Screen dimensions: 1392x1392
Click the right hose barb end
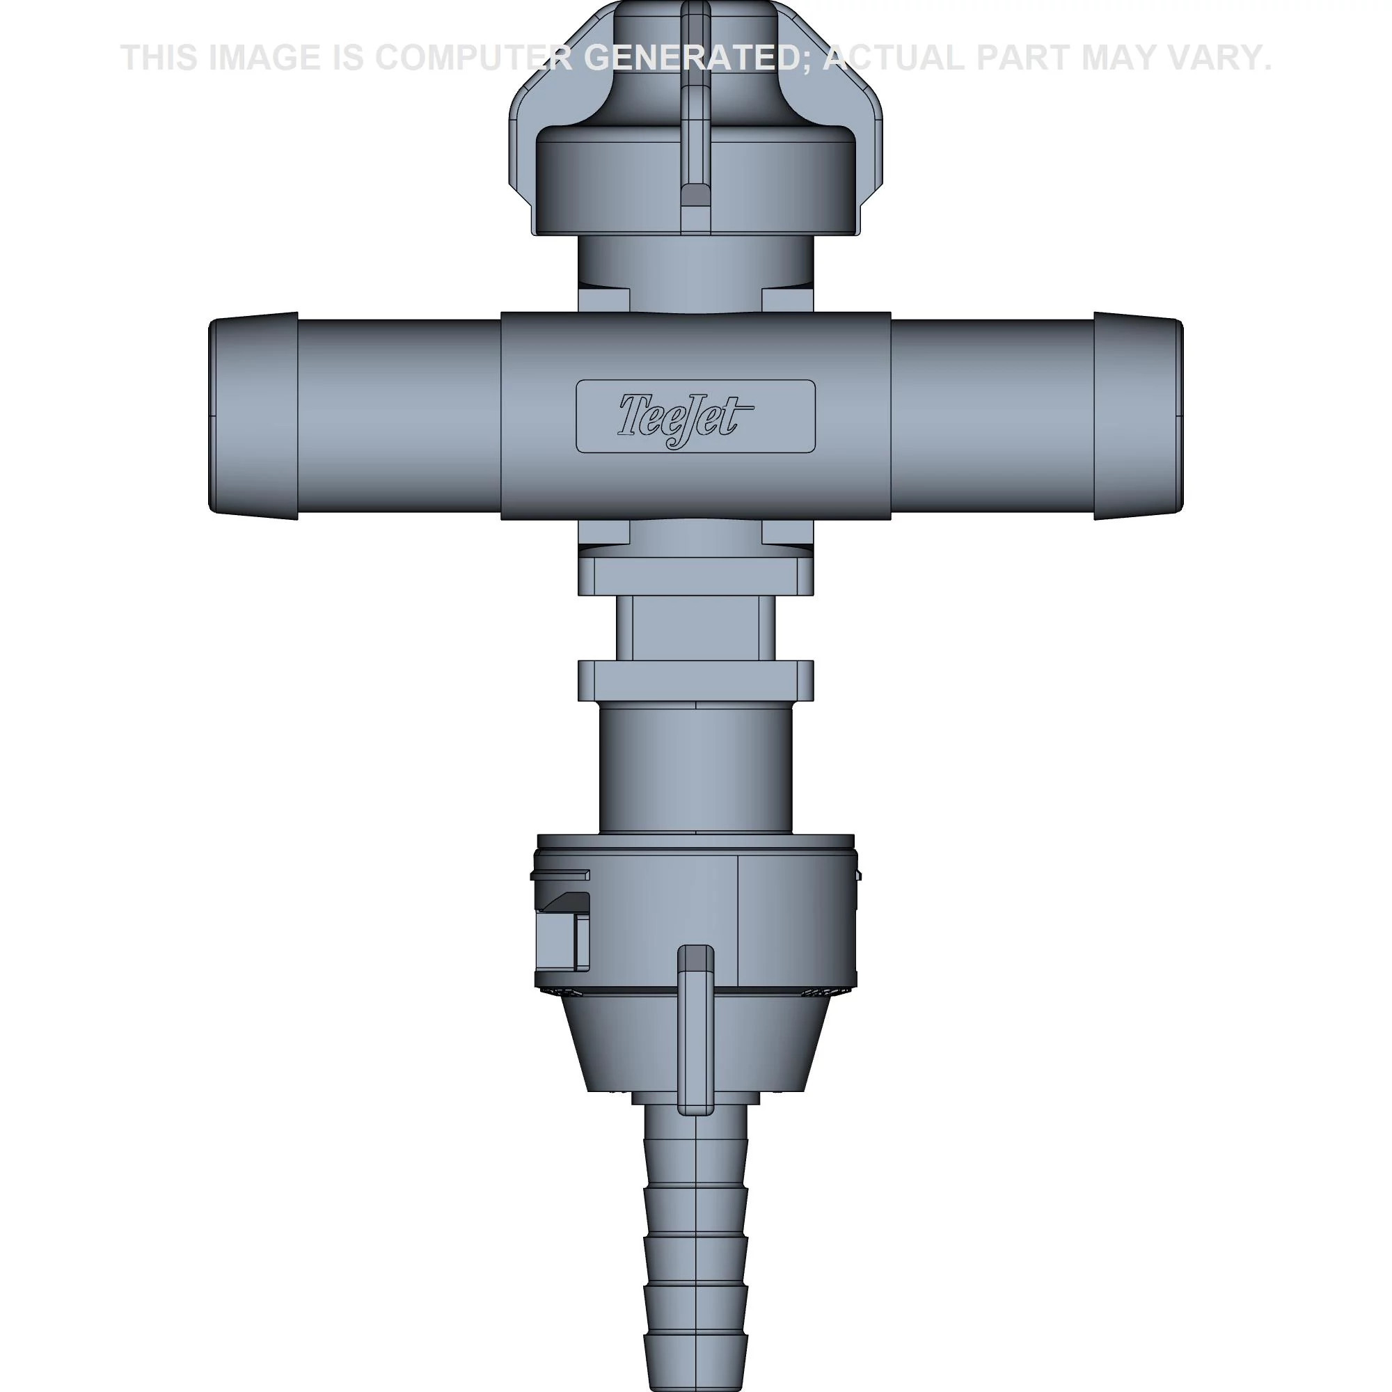(1138, 416)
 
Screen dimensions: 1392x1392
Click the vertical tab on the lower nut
(696, 1038)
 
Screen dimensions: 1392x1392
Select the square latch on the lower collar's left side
(562, 940)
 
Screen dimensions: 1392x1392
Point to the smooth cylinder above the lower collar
(695, 767)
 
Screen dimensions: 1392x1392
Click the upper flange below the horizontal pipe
(695, 576)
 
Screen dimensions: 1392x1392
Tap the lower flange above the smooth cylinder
(695, 679)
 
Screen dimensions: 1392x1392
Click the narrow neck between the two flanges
(695, 627)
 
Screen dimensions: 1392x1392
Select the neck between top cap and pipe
(695, 263)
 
